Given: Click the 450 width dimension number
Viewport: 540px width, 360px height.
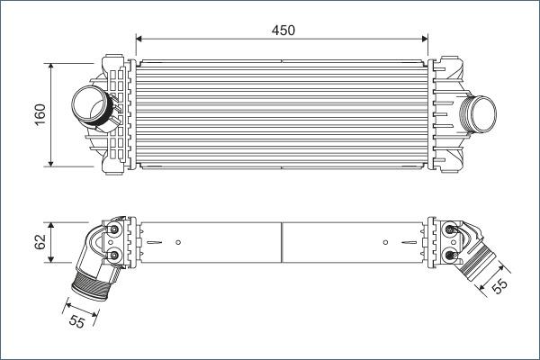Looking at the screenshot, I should click(x=283, y=30).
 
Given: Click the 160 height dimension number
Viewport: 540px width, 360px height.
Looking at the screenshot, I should click(x=40, y=115).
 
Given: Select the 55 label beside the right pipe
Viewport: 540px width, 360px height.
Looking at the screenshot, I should click(x=501, y=284).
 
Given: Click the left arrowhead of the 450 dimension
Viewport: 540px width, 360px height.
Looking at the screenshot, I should click(x=139, y=38).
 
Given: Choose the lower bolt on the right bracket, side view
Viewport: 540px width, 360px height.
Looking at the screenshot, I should click(x=450, y=257).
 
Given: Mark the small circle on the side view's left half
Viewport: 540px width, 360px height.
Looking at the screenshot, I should click(x=178, y=241).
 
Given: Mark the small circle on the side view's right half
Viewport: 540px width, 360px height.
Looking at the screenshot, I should click(x=385, y=241).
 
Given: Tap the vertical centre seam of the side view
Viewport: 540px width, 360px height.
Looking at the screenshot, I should click(x=282, y=243).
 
